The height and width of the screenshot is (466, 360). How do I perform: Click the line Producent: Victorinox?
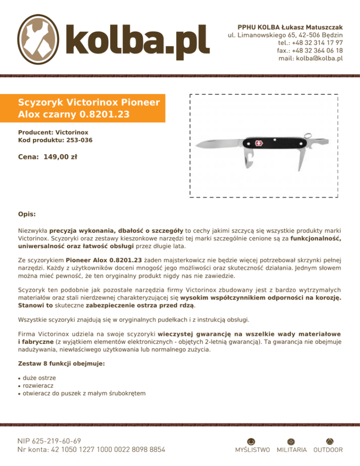click(x=53, y=133)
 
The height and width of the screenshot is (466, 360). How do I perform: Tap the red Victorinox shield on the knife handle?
click(x=259, y=143)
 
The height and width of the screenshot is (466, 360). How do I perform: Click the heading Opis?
click(x=27, y=214)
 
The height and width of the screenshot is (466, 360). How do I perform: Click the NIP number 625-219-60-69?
click(x=49, y=441)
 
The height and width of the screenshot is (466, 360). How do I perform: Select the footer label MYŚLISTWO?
click(x=252, y=450)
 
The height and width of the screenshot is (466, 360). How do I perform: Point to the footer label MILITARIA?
click(x=292, y=450)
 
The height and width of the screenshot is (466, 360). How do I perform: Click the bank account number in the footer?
click(x=91, y=450)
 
